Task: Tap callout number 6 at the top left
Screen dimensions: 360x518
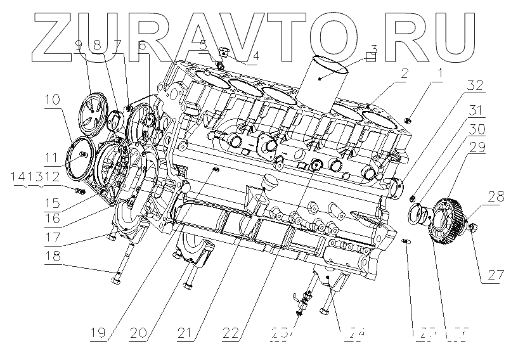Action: click(x=141, y=46)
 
